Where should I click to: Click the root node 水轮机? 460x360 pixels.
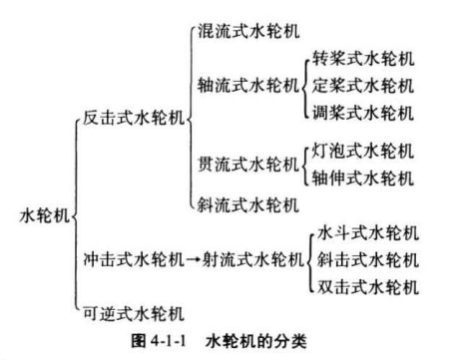tap(44, 215)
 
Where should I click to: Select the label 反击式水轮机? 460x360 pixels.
tap(134, 118)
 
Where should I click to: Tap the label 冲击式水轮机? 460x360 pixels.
tap(134, 259)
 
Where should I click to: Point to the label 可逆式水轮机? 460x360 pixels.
tap(134, 314)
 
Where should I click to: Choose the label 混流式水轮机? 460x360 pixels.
tap(248, 31)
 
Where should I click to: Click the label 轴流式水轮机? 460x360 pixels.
tap(247, 86)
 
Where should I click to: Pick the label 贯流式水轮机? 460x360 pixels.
tap(247, 165)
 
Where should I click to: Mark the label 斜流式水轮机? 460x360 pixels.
tap(247, 204)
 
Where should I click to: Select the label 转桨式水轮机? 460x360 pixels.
tap(363, 59)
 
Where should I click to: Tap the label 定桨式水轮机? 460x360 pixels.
tap(363, 86)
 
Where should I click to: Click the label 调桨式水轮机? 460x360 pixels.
tap(363, 113)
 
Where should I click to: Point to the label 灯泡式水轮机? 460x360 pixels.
tap(363, 151)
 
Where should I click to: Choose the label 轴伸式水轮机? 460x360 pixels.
tap(363, 179)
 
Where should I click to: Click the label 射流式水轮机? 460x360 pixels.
tap(253, 259)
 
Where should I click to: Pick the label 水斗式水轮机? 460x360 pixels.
tap(368, 232)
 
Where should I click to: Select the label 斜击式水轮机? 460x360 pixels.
tap(368, 259)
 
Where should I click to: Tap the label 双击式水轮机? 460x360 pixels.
tap(368, 287)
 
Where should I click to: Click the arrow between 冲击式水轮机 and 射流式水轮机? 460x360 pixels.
tap(194, 259)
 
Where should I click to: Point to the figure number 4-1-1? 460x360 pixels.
tap(169, 341)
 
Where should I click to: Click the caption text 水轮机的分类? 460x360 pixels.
tap(256, 341)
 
